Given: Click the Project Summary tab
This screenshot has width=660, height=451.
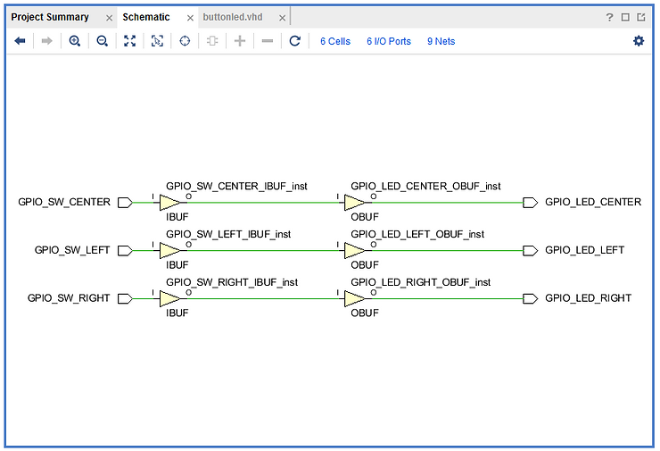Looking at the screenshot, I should [50, 17].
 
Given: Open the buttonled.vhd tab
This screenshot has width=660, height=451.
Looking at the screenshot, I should [232, 17].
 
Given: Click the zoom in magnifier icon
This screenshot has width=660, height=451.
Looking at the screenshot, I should [74, 41].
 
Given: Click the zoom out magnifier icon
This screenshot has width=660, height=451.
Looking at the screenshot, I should [102, 41].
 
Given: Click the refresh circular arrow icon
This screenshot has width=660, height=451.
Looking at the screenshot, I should [294, 41].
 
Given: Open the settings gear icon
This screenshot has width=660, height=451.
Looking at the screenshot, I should [639, 41].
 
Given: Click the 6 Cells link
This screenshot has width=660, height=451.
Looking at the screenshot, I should [335, 41].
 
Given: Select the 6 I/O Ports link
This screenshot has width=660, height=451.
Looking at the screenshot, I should [389, 41].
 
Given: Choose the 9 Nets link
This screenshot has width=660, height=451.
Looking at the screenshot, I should [441, 41].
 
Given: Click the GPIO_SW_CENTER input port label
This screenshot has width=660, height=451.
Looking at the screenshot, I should [64, 202].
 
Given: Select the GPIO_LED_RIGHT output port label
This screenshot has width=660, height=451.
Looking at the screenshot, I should [588, 298].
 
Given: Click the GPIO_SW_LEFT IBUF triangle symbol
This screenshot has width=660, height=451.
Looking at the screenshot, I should [170, 250].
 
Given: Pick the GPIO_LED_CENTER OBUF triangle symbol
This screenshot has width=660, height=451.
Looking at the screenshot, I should [355, 202].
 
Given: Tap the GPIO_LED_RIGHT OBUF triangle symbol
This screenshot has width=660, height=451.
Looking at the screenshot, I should [355, 298].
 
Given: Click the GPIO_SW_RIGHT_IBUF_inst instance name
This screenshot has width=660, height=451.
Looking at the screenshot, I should [232, 282].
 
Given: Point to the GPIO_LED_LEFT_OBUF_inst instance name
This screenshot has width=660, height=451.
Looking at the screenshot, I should [417, 234].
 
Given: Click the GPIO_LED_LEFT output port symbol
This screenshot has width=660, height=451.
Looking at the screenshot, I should [530, 250].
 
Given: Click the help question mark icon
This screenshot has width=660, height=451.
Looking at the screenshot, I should [610, 17].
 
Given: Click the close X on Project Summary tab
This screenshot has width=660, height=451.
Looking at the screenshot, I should [109, 17].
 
